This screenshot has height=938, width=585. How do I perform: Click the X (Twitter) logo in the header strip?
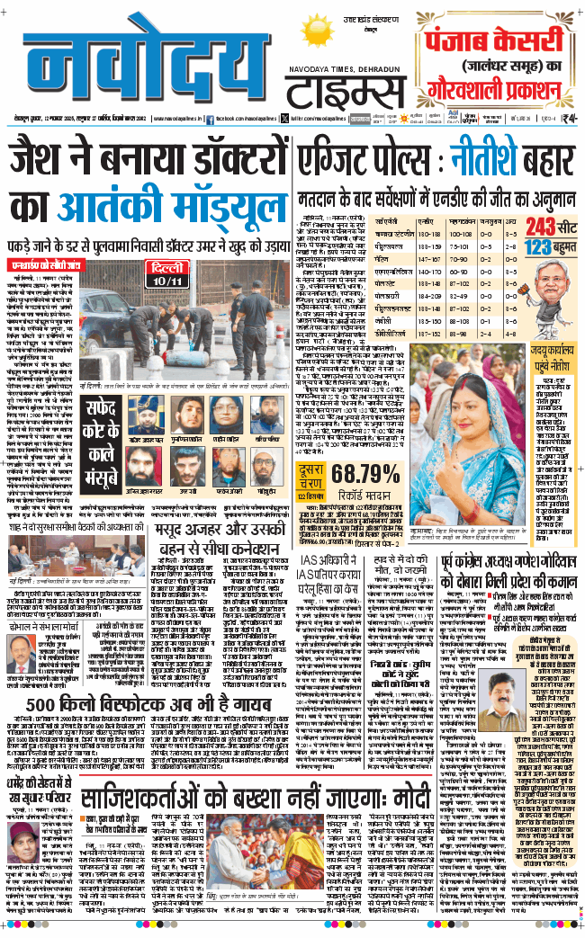[283, 119]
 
